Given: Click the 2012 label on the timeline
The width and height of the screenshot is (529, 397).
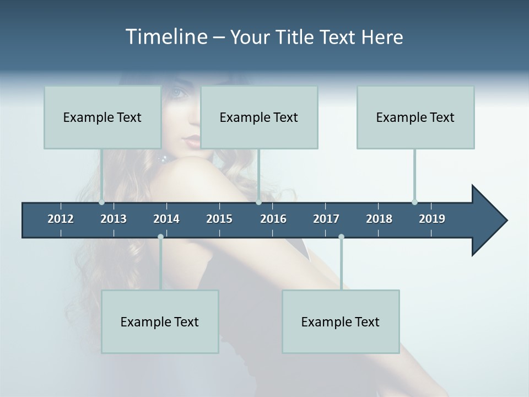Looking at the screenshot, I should (61, 219).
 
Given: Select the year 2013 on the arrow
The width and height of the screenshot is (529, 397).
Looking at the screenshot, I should (114, 219).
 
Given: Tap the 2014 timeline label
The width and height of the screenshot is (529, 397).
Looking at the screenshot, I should (166, 219).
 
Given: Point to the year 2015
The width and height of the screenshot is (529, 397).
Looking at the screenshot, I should (219, 219).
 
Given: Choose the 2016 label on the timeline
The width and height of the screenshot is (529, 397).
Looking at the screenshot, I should (273, 219).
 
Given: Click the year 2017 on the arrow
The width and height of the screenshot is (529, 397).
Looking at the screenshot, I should (326, 219).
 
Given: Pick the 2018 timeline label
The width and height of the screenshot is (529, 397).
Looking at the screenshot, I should (379, 219).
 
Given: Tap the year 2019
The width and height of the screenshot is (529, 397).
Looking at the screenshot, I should (432, 219).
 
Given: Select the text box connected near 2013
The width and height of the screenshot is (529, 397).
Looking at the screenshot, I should (102, 117).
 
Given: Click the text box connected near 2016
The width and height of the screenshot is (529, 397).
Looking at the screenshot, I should (259, 117).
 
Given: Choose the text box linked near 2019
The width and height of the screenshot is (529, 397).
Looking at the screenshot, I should (415, 117).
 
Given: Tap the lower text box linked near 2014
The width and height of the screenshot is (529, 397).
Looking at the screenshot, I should (160, 321).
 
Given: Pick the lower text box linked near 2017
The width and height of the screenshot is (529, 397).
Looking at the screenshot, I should (341, 321).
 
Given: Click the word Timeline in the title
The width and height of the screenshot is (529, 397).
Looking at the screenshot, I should (165, 37).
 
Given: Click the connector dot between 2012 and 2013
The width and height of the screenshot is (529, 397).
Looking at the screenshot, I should (102, 202).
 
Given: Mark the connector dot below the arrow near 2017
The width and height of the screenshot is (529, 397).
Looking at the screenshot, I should (341, 237).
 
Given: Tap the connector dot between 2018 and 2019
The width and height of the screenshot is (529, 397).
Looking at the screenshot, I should (414, 202).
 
